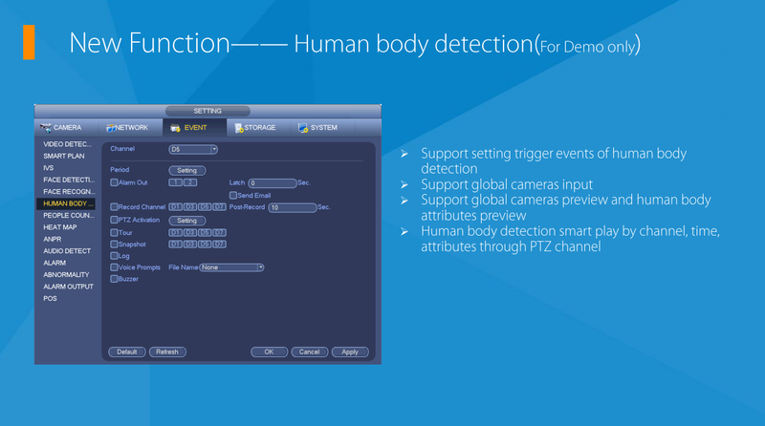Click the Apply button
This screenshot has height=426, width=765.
pyautogui.click(x=350, y=351)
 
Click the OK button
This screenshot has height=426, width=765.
pyautogui.click(x=269, y=351)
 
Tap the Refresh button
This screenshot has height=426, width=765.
pyautogui.click(x=166, y=351)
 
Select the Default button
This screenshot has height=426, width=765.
pyautogui.click(x=126, y=351)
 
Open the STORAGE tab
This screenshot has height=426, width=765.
pyautogui.click(x=255, y=127)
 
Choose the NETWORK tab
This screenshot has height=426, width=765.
pyautogui.click(x=127, y=127)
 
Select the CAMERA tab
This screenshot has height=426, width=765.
pyautogui.click(x=62, y=127)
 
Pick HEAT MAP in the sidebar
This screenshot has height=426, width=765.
pyautogui.click(x=59, y=227)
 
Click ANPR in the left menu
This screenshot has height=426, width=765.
pyautogui.click(x=53, y=239)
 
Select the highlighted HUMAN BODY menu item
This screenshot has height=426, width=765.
pyautogui.click(x=68, y=203)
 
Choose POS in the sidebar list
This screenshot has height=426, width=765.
pyautogui.click(x=50, y=298)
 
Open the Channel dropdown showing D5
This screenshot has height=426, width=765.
pyautogui.click(x=193, y=149)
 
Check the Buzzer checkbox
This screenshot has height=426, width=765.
pyautogui.click(x=114, y=279)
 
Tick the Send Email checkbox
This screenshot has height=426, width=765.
pyautogui.click(x=233, y=195)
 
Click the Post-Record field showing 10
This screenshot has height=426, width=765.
pyautogui.click(x=292, y=206)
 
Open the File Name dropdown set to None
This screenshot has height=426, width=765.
pyautogui.click(x=230, y=267)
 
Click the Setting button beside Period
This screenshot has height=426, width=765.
pyautogui.click(x=187, y=170)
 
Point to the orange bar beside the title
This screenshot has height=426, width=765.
pyautogui.click(x=29, y=42)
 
